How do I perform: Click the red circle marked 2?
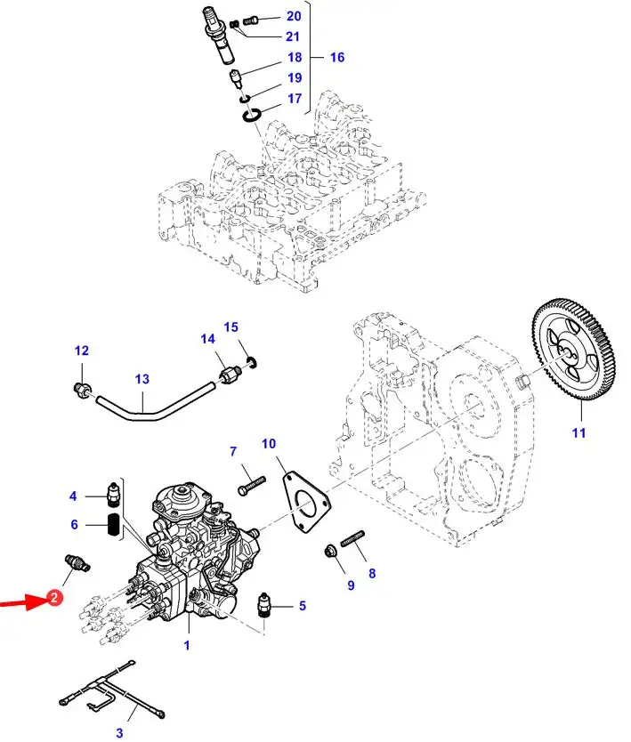click(54, 597)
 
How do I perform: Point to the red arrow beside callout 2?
click(24, 602)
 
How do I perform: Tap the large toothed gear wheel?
click(573, 351)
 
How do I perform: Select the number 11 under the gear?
click(578, 432)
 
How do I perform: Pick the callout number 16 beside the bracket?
click(337, 57)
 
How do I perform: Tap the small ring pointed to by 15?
click(252, 363)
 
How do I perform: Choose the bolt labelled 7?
click(252, 485)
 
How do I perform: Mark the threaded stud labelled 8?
click(352, 538)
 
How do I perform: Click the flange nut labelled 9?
click(330, 551)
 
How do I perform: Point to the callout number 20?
click(294, 16)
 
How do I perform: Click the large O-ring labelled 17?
click(251, 115)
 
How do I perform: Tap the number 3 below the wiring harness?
click(119, 732)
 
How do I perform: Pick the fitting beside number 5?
click(264, 605)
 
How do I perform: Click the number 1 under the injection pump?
click(187, 645)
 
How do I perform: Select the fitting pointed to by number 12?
click(84, 391)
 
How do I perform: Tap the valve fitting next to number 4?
click(114, 495)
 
